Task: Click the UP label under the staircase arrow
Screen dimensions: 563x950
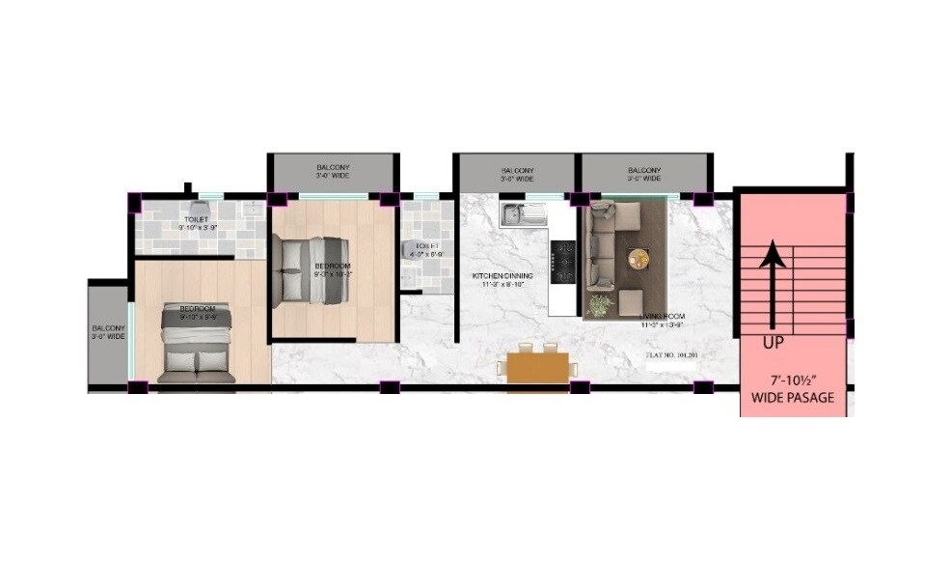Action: (774, 343)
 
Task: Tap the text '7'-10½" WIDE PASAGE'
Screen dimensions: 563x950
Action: (792, 387)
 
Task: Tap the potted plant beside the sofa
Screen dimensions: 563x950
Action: (600, 304)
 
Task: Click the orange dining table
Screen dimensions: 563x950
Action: (537, 368)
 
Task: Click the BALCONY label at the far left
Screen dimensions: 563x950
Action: (108, 331)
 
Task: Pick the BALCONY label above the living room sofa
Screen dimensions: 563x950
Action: (643, 174)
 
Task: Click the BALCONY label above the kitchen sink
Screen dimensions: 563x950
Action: (517, 174)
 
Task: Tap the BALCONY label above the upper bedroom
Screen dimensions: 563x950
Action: (332, 171)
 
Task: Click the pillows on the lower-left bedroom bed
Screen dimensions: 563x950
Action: (197, 362)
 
